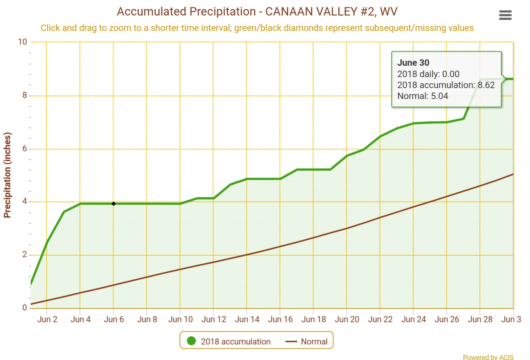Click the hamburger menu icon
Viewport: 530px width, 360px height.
click(x=505, y=15)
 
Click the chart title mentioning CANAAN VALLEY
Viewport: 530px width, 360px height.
click(x=257, y=12)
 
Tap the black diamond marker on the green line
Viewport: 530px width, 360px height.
click(x=113, y=204)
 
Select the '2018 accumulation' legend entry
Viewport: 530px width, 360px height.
click(x=235, y=341)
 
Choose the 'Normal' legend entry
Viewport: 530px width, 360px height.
click(x=314, y=341)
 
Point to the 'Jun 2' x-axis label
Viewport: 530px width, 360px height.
click(x=47, y=319)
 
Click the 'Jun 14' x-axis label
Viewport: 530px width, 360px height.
click(x=247, y=319)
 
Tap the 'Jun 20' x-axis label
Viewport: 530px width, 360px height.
click(x=347, y=319)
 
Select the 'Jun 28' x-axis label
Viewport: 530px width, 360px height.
click(x=480, y=319)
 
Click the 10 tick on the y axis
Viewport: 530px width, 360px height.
click(x=23, y=42)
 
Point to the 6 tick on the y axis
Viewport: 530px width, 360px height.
click(x=25, y=149)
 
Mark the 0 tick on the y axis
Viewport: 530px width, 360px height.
click(x=25, y=308)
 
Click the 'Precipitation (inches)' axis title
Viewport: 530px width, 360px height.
click(x=8, y=175)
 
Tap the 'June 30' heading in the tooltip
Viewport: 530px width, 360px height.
click(x=413, y=63)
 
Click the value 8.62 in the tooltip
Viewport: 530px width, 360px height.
click(x=486, y=85)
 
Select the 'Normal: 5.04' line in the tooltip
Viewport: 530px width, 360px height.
click(x=423, y=96)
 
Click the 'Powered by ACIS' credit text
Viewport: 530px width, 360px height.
click(x=488, y=357)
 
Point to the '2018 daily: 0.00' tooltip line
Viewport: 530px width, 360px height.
click(x=428, y=74)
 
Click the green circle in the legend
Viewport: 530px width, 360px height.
click(x=191, y=341)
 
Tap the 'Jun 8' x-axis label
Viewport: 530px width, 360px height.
click(x=147, y=319)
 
